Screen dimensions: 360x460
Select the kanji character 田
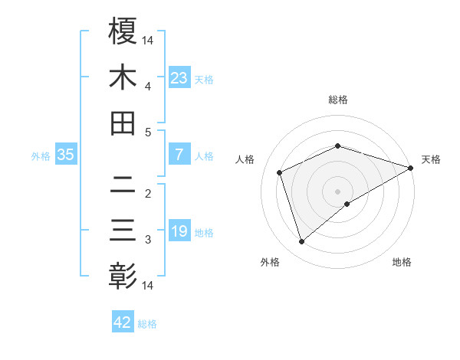pyautogui.click(x=123, y=123)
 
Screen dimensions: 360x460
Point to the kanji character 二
pyautogui.click(x=123, y=185)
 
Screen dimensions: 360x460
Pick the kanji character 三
pyautogui.click(x=123, y=231)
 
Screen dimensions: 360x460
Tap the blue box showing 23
pyautogui.click(x=179, y=77)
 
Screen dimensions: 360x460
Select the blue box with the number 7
pyautogui.click(x=179, y=155)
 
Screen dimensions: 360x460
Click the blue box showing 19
pyautogui.click(x=179, y=231)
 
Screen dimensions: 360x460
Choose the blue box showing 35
pyautogui.click(x=66, y=155)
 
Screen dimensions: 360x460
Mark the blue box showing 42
pyautogui.click(x=123, y=322)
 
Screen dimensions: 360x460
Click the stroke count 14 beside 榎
pyautogui.click(x=148, y=40)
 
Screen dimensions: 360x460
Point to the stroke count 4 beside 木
pyautogui.click(x=148, y=86)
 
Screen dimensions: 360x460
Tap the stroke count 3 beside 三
pyautogui.click(x=148, y=240)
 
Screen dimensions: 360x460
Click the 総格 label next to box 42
pyautogui.click(x=148, y=324)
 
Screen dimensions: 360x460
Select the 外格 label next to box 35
pyautogui.click(x=41, y=156)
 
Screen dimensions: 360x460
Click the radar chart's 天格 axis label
pyautogui.click(x=431, y=159)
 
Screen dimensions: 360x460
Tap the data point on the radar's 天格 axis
pyautogui.click(x=412, y=168)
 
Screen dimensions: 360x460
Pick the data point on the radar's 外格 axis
pyautogui.click(x=301, y=242)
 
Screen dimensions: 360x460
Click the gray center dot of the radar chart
pyautogui.click(x=338, y=191)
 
